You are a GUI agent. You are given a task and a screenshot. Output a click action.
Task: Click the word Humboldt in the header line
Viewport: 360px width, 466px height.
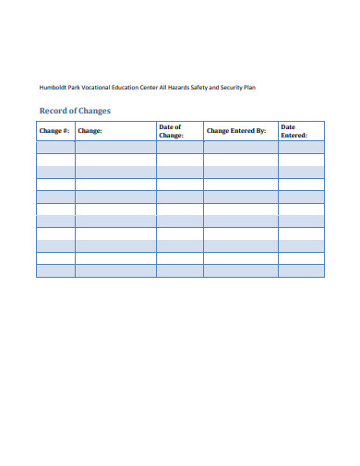pyautogui.click(x=54, y=87)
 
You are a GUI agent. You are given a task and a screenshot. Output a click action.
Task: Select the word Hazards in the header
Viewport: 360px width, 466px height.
pyautogui.click(x=191, y=87)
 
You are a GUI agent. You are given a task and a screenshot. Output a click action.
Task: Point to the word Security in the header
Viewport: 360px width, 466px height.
pyautogui.click(x=237, y=87)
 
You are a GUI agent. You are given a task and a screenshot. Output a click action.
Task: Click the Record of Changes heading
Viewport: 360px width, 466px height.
pyautogui.click(x=74, y=111)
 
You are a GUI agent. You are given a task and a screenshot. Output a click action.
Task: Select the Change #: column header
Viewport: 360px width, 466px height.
pyautogui.click(x=54, y=131)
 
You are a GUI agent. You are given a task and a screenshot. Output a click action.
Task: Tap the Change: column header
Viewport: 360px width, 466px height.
pyautogui.click(x=90, y=131)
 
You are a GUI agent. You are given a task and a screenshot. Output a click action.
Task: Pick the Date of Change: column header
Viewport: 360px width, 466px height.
pyautogui.click(x=171, y=131)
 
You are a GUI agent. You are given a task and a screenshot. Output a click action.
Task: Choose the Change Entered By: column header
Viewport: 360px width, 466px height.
pyautogui.click(x=236, y=131)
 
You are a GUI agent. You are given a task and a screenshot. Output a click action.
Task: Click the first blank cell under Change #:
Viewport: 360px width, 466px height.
pyautogui.click(x=55, y=147)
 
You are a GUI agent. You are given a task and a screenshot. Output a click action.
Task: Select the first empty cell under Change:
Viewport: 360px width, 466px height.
pyautogui.click(x=115, y=147)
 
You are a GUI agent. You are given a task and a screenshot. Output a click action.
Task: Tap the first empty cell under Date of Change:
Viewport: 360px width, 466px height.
pyautogui.click(x=179, y=147)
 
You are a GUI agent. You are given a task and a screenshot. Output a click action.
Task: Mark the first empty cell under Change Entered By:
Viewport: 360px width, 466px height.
pyautogui.click(x=240, y=147)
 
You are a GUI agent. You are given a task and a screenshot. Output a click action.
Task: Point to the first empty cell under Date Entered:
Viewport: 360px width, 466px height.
pyautogui.click(x=301, y=147)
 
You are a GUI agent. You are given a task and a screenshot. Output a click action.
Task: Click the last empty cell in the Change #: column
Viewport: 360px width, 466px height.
pyautogui.click(x=55, y=270)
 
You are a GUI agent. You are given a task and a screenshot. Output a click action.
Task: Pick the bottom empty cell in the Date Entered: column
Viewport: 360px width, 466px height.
pyautogui.click(x=301, y=270)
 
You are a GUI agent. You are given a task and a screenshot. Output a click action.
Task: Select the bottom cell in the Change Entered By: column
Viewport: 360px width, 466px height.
pyautogui.click(x=240, y=270)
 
